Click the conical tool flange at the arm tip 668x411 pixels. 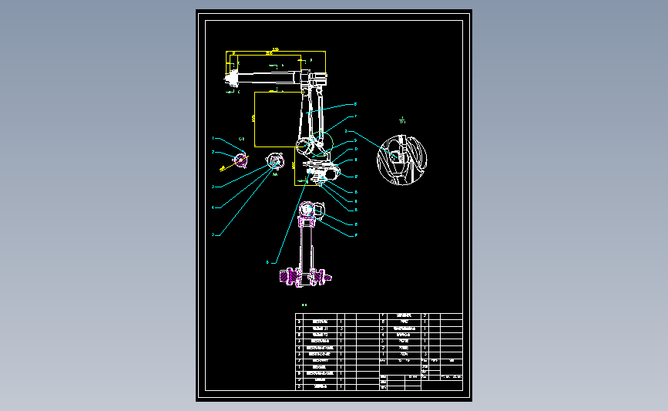coord(230,76)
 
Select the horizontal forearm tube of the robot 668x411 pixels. coord(270,76)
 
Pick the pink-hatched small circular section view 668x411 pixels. coord(240,160)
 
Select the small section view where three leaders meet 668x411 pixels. coord(274,161)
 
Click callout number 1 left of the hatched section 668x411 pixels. coord(213,138)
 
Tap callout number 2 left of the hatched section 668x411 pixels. coord(213,152)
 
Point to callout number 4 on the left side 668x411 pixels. coord(213,207)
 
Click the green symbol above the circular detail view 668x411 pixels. coord(402,120)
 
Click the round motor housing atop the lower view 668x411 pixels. coord(311,210)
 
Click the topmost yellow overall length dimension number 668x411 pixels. coord(269,52)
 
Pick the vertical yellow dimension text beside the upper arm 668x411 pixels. coord(253,118)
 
